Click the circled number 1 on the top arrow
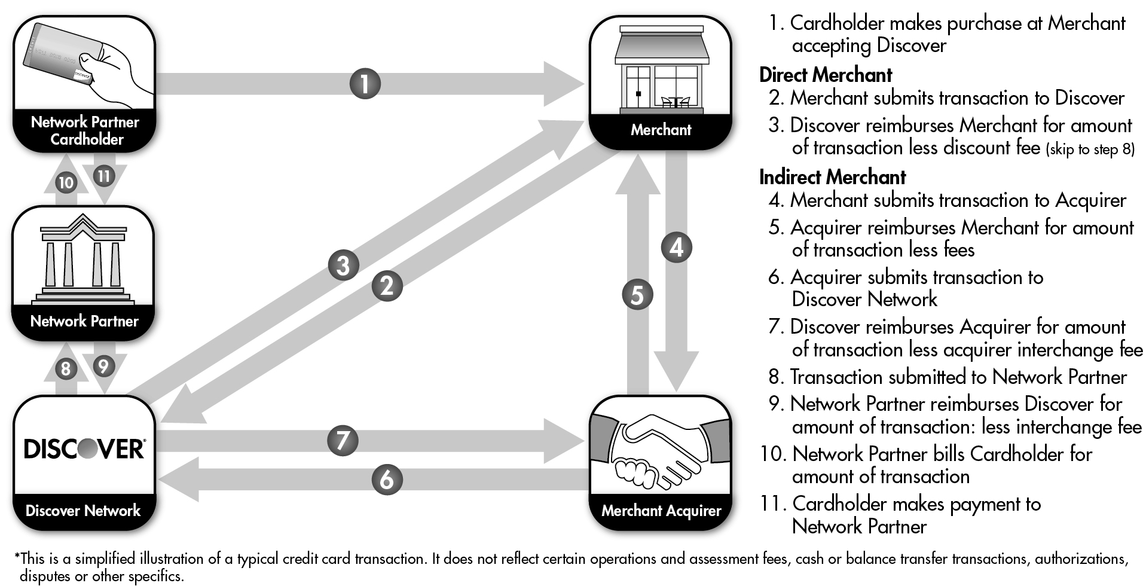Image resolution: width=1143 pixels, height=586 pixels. [x=365, y=84]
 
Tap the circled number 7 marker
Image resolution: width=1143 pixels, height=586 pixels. [x=343, y=441]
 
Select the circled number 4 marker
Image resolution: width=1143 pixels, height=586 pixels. [x=676, y=247]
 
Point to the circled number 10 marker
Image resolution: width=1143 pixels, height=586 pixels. [x=66, y=182]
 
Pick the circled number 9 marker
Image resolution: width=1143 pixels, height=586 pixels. [x=103, y=365]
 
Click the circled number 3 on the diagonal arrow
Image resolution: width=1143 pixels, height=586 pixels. [x=343, y=265]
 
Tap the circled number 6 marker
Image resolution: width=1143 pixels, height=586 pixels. [x=387, y=480]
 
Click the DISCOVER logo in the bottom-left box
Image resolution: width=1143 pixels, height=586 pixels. [x=84, y=448]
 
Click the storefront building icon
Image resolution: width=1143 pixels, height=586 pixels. [x=661, y=70]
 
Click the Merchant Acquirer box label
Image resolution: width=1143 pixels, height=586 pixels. [x=661, y=511]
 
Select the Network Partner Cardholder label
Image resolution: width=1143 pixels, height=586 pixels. [x=85, y=130]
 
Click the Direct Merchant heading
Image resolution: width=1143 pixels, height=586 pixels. [x=826, y=75]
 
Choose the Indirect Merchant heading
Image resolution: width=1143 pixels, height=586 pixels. [x=832, y=178]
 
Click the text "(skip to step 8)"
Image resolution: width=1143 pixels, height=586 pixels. [x=1090, y=149]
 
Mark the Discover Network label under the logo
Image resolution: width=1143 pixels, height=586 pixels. [x=83, y=511]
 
